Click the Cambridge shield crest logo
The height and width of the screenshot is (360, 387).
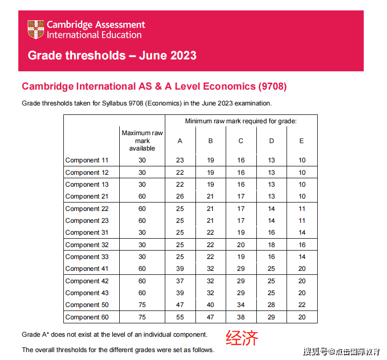(x=36, y=29)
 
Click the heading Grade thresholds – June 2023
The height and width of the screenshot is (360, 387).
(x=112, y=55)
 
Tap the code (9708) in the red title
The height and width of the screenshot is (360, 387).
(x=272, y=86)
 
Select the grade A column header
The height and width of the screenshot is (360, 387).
(x=180, y=141)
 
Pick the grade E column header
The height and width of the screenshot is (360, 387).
(x=302, y=141)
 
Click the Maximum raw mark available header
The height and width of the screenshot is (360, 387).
(x=142, y=141)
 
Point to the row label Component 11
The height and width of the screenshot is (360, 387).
(x=87, y=160)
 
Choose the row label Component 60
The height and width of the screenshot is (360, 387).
(x=87, y=317)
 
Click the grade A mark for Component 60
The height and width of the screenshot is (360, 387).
(x=180, y=317)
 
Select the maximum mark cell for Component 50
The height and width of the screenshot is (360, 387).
(x=142, y=305)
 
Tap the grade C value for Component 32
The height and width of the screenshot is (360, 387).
(x=241, y=245)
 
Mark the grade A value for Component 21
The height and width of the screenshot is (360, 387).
(x=180, y=197)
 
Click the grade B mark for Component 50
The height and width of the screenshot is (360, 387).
(x=210, y=305)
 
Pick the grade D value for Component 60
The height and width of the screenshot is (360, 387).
(x=272, y=317)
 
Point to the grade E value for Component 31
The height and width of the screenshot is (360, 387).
(x=302, y=233)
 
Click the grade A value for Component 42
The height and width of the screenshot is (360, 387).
(x=180, y=281)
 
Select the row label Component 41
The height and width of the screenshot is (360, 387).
(x=87, y=269)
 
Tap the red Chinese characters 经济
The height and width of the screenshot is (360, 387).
(x=242, y=338)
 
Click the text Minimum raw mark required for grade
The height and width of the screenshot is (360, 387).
(x=241, y=121)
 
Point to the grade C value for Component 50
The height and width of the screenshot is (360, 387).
(x=241, y=305)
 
